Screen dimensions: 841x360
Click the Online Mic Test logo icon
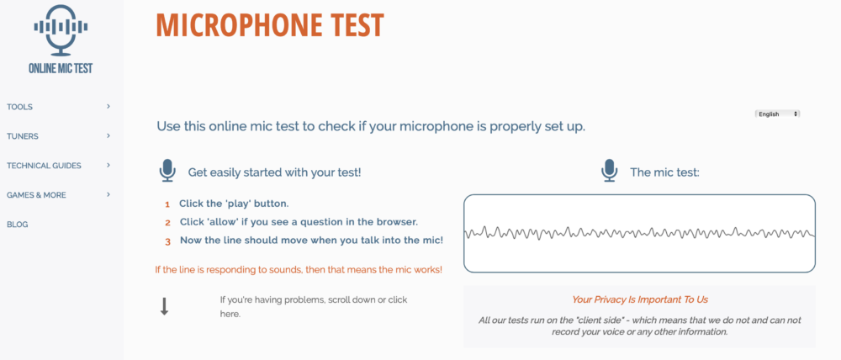pos(61,30)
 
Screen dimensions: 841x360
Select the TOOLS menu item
pos(20,107)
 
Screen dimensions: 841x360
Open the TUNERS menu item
pos(23,136)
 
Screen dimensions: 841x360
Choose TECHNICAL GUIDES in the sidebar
pos(44,166)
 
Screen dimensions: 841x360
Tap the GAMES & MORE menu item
pos(36,195)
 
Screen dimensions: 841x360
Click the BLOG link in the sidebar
pos(17,225)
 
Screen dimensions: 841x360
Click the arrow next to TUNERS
pos(108,135)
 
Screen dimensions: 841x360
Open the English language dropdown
pos(777,114)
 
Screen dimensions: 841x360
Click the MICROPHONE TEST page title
pos(270,24)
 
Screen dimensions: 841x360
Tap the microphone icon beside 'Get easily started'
pos(168,171)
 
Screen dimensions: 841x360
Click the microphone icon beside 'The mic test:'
pos(609,171)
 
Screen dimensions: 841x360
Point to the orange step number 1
pos(167,204)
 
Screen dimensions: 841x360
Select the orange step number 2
pos(168,223)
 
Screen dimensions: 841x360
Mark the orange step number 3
pos(168,241)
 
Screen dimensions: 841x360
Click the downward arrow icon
pos(165,306)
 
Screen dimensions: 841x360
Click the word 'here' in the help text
pos(230,314)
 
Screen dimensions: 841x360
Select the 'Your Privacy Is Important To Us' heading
pos(640,300)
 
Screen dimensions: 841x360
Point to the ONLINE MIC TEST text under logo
pos(61,68)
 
